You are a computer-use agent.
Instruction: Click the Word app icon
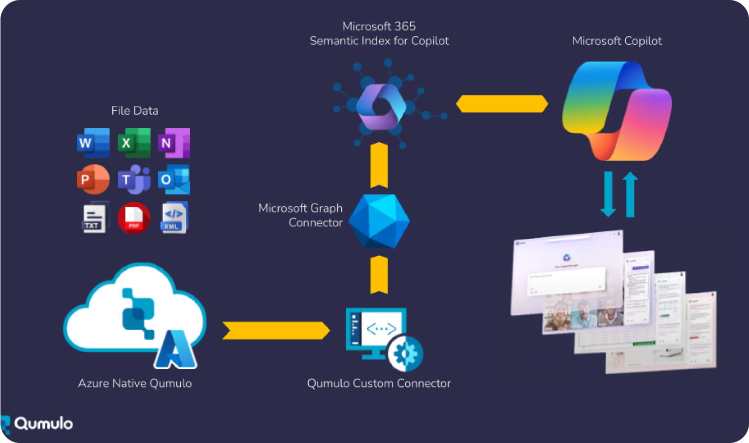(93, 143)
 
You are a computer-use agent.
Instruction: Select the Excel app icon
(134, 143)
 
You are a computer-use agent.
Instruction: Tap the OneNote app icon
(174, 143)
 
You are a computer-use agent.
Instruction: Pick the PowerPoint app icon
(93, 179)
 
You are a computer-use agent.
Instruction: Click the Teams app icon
(134, 179)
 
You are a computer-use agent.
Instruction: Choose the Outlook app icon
(174, 179)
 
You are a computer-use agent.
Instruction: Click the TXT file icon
(94, 218)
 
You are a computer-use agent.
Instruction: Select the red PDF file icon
(134, 218)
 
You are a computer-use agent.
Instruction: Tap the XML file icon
(174, 218)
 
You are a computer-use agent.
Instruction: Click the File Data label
(134, 111)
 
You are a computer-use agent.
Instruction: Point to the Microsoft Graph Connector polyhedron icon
(379, 221)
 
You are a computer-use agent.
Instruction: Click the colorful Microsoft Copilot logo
(617, 111)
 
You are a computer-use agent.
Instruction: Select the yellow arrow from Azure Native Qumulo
(276, 330)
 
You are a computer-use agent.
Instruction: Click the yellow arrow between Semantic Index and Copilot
(502, 104)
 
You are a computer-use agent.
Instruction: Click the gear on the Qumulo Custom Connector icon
(405, 353)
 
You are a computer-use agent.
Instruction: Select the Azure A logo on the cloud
(175, 350)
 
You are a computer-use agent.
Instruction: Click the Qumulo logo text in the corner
(43, 423)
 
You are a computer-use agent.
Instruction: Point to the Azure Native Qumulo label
(135, 383)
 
